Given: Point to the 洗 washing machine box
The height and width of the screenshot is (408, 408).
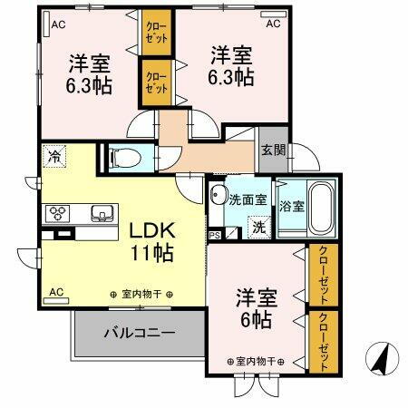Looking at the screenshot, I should tap(258, 227).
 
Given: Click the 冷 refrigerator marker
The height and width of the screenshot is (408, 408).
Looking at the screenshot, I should tap(54, 155).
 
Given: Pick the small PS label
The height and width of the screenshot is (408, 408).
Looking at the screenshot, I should tap(215, 235).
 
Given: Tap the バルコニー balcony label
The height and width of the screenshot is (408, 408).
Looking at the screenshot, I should tap(139, 333).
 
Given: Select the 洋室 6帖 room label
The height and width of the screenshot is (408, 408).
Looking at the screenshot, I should tap(257, 308).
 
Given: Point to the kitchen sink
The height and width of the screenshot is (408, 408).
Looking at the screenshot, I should tap(99, 214).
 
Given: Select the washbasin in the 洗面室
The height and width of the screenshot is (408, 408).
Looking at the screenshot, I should tap(219, 195).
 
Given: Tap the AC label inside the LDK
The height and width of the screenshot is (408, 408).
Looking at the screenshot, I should tap(55, 292).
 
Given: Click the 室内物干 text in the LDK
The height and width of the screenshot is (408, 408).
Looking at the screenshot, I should tap(145, 294).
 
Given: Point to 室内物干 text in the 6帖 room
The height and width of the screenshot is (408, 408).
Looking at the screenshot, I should tap(255, 361).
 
